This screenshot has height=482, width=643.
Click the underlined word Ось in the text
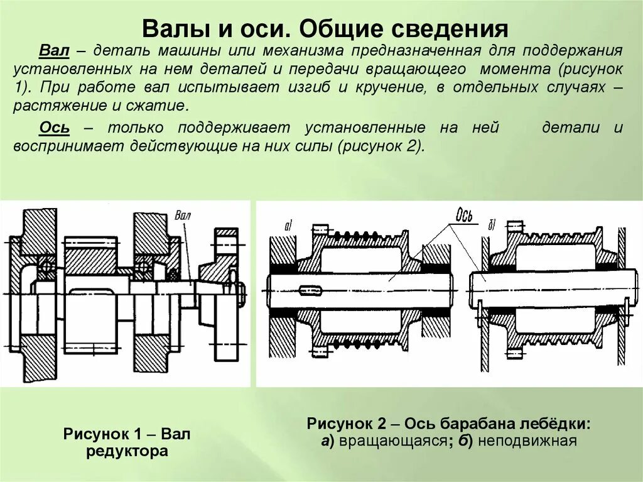(x=55, y=128)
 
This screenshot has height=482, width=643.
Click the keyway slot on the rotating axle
(x=311, y=290)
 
